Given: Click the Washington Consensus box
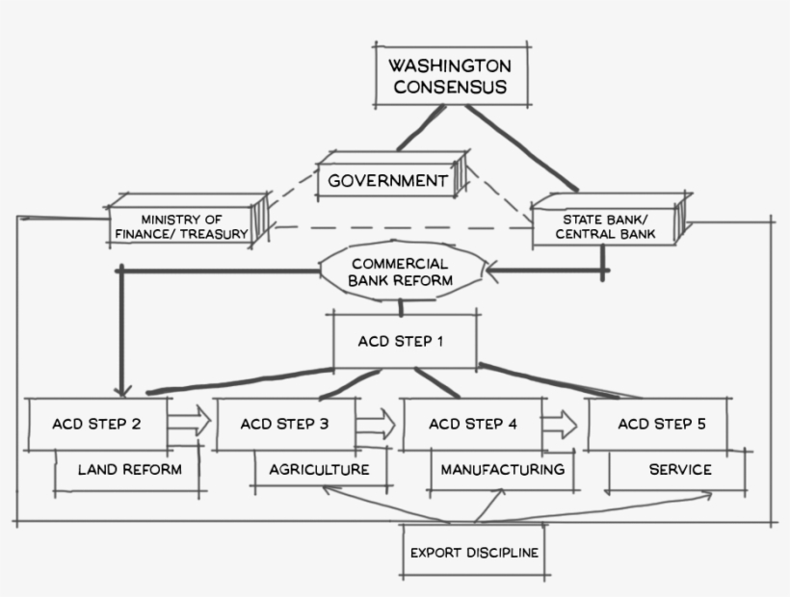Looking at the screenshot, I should pos(449,75).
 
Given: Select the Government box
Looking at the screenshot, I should pos(387,180).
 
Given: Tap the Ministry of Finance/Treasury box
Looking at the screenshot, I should pos(182,225).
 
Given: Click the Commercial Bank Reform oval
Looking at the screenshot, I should pos(400,272).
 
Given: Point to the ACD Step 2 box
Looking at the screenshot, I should pos(98,424).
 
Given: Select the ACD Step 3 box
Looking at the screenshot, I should pos(285,424).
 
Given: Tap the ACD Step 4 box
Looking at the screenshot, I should pos(472,424).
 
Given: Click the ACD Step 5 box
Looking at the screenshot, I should pos(656,424).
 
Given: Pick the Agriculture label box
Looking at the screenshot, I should pos(320,470).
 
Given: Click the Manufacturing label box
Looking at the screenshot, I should pos(501,470).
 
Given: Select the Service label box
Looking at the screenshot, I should pos(679,470).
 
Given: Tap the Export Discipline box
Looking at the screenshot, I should pos(473,552).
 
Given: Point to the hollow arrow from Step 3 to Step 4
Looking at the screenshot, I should pos(378,422).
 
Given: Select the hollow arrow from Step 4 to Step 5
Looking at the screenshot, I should pos(562,422).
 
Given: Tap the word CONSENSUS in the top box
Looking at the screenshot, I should pos(449,88).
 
